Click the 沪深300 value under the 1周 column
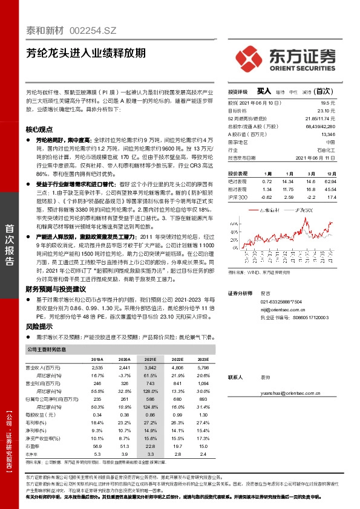[266, 197]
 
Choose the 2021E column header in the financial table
[148, 359]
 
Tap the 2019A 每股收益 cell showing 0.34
[97, 415]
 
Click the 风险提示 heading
[39, 326]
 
